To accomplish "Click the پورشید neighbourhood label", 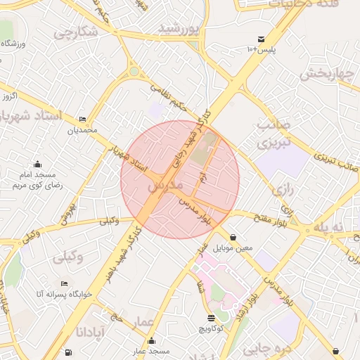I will pyautogui.click(x=179, y=28).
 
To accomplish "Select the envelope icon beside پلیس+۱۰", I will pyautogui.click(x=262, y=39).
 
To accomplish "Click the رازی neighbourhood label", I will pyautogui.click(x=281, y=190).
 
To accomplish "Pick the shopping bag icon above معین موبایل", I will pyautogui.click(x=233, y=237).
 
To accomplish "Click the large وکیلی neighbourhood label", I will pyautogui.click(x=67, y=257).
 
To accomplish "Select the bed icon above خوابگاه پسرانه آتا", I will pyautogui.click(x=65, y=283).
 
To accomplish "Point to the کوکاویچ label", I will pyautogui.click(x=211, y=328).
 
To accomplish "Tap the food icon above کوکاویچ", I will pyautogui.click(x=211, y=318).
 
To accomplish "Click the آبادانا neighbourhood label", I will pyautogui.click(x=91, y=330).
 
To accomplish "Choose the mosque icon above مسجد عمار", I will pyautogui.click(x=151, y=341).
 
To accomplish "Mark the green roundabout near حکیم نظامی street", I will pyautogui.click(x=134, y=71).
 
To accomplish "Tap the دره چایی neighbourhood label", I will pyautogui.click(x=262, y=347).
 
